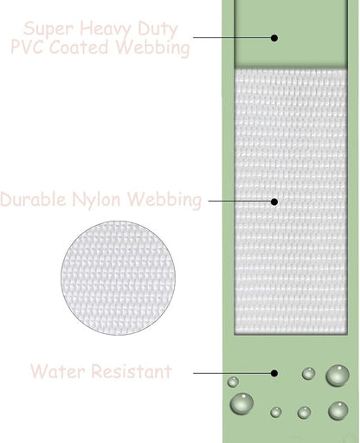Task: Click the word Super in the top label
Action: point(48,29)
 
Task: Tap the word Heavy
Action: point(105,29)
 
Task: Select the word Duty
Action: point(157,29)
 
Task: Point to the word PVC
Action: point(27,46)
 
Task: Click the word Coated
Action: point(79,47)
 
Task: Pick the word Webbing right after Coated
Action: point(153,48)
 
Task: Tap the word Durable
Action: point(33,199)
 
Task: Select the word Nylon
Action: point(96,200)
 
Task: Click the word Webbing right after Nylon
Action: point(164,200)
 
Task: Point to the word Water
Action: point(57,371)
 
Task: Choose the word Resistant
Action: point(132,371)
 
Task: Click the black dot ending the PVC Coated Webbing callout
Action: point(274,38)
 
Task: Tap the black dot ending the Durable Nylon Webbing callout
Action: point(274,202)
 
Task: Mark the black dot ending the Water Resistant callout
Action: point(274,373)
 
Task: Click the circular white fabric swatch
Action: point(118,278)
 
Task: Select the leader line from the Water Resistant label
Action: point(232,373)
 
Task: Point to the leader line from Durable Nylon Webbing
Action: point(240,201)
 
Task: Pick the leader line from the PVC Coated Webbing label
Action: point(232,37)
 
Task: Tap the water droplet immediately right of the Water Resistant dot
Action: point(308,374)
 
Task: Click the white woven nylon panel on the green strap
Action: point(291,202)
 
